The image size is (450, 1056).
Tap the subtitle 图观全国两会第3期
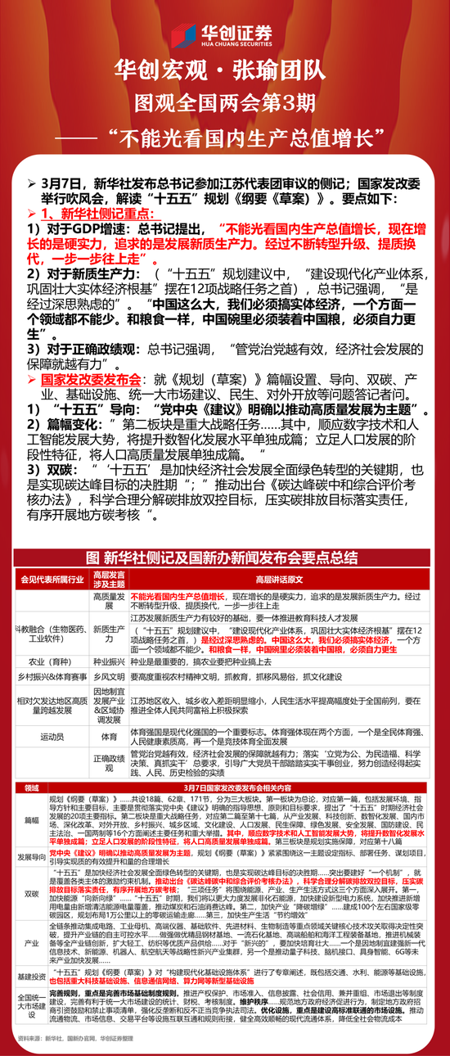[224, 102]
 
